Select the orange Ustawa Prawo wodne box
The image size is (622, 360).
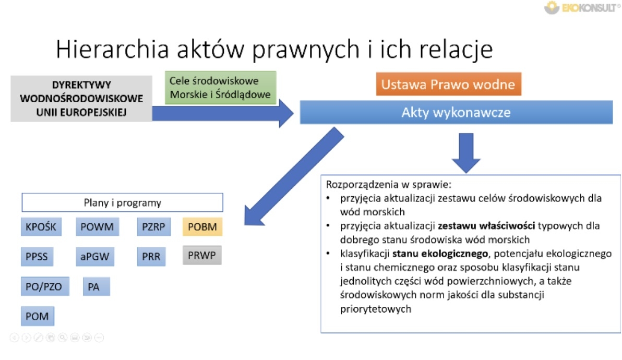pyautogui.click(x=448, y=85)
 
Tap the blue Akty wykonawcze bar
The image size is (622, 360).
pyautogui.click(x=456, y=113)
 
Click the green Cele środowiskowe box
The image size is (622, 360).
pyautogui.click(x=220, y=88)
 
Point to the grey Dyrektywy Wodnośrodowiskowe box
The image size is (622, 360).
pyautogui.click(x=81, y=99)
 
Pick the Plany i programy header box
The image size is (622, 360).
pyautogui.click(x=122, y=203)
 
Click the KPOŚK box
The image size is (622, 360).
pyautogui.click(x=41, y=227)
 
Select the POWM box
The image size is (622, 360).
pyautogui.click(x=97, y=227)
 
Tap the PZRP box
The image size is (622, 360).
pyautogui.click(x=153, y=227)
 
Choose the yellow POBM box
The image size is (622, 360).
pyautogui.click(x=202, y=227)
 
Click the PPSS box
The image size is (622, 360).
pyautogui.click(x=37, y=256)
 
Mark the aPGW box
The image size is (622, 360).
pyautogui.click(x=94, y=256)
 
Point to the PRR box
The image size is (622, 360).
pyautogui.click(x=151, y=256)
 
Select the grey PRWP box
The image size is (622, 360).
pyautogui.click(x=202, y=255)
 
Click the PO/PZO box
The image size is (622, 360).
pyautogui.click(x=45, y=286)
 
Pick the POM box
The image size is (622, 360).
pyautogui.click(x=38, y=316)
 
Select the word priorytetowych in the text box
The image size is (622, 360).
pyautogui.click(x=375, y=309)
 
